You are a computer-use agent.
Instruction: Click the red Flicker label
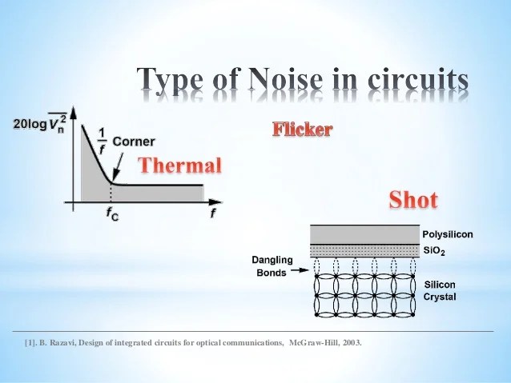click(302, 129)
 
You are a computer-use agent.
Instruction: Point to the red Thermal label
click(180, 166)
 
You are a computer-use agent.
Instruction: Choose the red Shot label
click(412, 199)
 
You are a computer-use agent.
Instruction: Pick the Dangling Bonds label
click(272, 266)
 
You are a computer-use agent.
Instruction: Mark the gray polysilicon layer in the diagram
click(364, 234)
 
